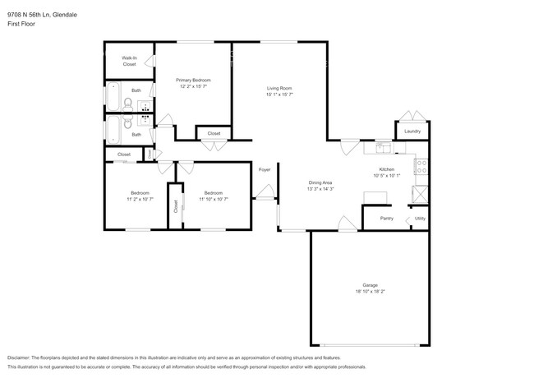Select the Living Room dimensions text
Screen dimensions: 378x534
pos(279,94)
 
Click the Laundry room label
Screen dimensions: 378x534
pos(412,131)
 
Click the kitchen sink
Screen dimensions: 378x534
pos(383,148)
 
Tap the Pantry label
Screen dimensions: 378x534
pos(386,219)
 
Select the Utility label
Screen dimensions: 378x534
pos(419,219)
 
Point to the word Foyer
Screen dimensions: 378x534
pos(265,170)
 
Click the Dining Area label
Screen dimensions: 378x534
pos(320,182)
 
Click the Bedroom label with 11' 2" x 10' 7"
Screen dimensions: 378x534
pos(138,192)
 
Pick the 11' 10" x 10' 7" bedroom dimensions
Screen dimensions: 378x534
pos(214,199)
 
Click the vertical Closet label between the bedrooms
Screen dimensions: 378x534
pos(175,207)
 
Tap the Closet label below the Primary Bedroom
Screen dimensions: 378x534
pos(214,133)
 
